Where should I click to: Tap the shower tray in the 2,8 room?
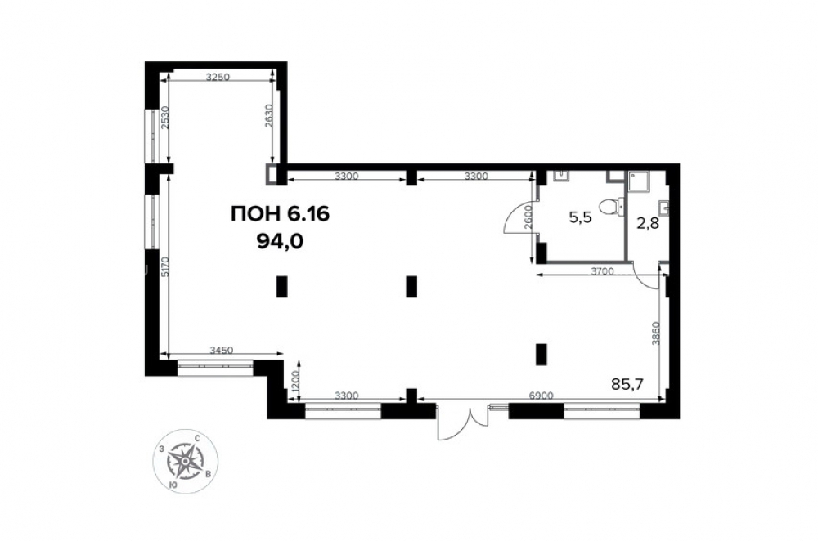point(639,181)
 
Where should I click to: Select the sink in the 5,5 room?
point(561,177)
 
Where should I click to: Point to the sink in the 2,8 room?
point(664,208)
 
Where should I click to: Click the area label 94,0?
point(280,241)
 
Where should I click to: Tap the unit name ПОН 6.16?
point(280,214)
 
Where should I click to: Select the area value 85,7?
point(627,385)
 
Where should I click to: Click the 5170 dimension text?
point(164,268)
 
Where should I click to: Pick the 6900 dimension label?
point(541,395)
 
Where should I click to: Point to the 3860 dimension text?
point(656,333)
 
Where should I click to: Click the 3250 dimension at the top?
point(218,78)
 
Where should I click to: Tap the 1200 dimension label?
point(295,383)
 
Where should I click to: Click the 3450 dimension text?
point(221,350)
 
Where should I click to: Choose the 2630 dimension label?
point(268,116)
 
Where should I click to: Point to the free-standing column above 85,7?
point(541,355)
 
